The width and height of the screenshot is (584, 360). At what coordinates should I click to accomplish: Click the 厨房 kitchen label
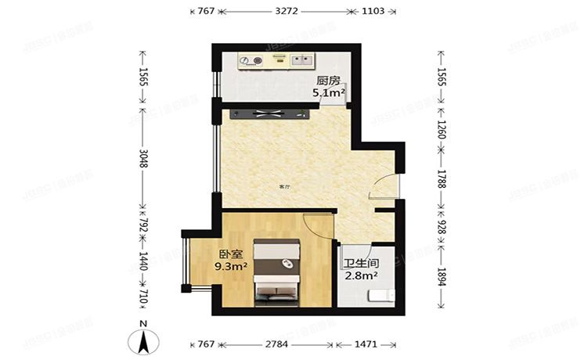(x=328, y=81)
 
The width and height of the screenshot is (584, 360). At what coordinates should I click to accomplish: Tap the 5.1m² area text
(x=329, y=93)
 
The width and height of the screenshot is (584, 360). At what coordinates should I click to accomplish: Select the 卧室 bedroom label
(x=230, y=254)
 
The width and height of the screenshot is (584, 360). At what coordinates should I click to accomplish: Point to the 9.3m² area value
(x=231, y=267)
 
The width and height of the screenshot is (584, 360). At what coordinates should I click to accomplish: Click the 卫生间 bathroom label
(x=361, y=263)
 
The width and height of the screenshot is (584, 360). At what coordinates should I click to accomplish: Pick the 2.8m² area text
(x=361, y=275)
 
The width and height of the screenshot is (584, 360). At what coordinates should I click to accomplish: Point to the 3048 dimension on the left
(x=143, y=166)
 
